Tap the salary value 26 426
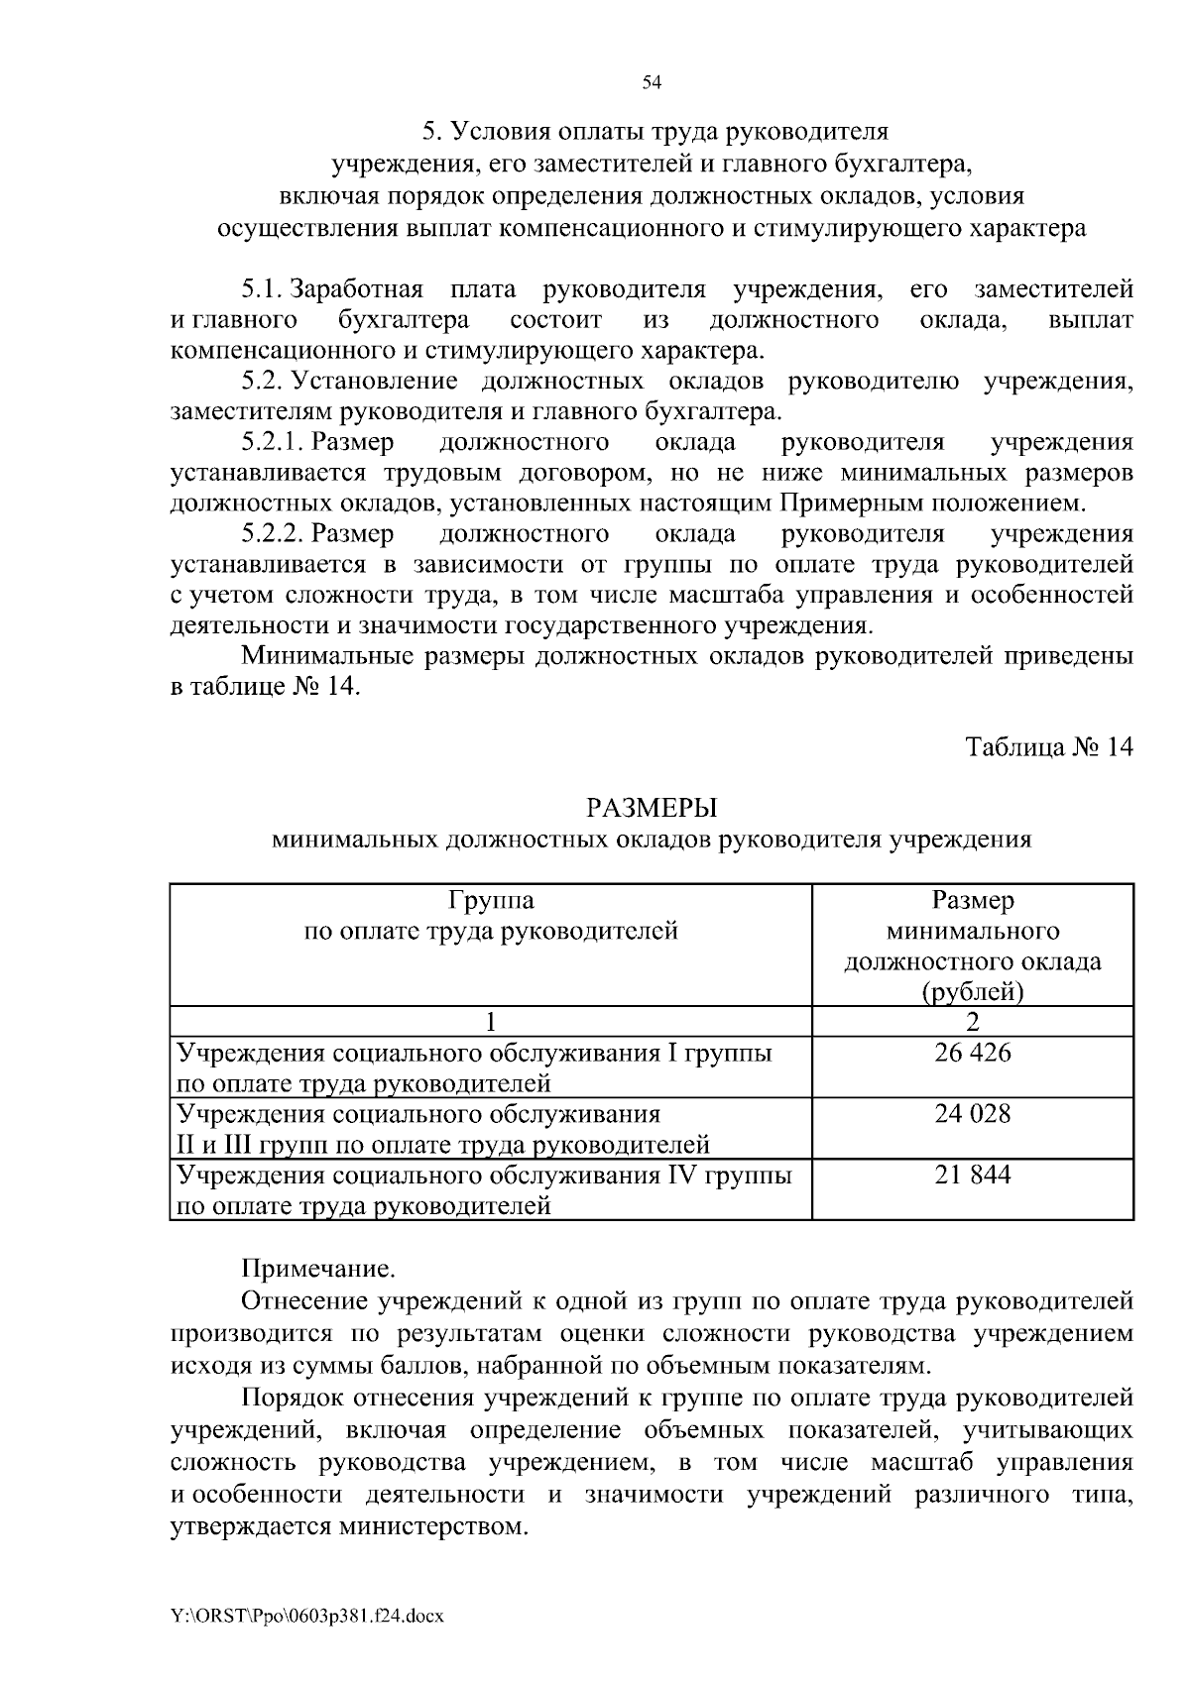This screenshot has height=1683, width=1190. click(x=972, y=1053)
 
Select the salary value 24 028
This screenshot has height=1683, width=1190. click(x=972, y=1113)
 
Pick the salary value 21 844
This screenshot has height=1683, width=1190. click(x=972, y=1175)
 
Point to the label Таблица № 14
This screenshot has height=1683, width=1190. click(x=1049, y=746)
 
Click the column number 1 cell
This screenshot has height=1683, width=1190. click(x=490, y=1022)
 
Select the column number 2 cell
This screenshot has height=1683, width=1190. click(x=972, y=1022)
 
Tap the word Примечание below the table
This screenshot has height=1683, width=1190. click(x=318, y=1268)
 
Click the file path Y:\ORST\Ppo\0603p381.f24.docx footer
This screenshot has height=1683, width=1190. click(x=306, y=1616)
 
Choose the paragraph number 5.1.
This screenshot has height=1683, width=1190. click(x=263, y=289)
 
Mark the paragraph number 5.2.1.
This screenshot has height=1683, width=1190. click(x=273, y=442)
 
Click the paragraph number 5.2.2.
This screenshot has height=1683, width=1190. click(x=273, y=534)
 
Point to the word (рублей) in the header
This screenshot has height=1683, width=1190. click(x=972, y=992)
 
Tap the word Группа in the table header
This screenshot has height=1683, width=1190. click(x=490, y=900)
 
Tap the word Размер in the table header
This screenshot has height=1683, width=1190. click(x=972, y=900)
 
